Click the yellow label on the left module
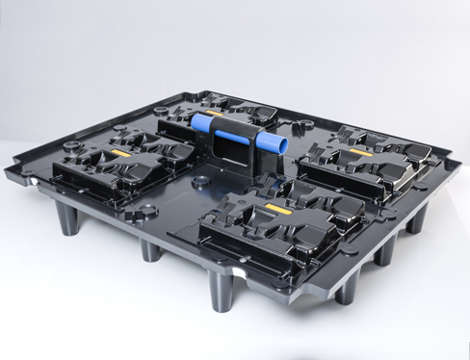click(x=121, y=153)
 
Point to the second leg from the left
click(x=150, y=249)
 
